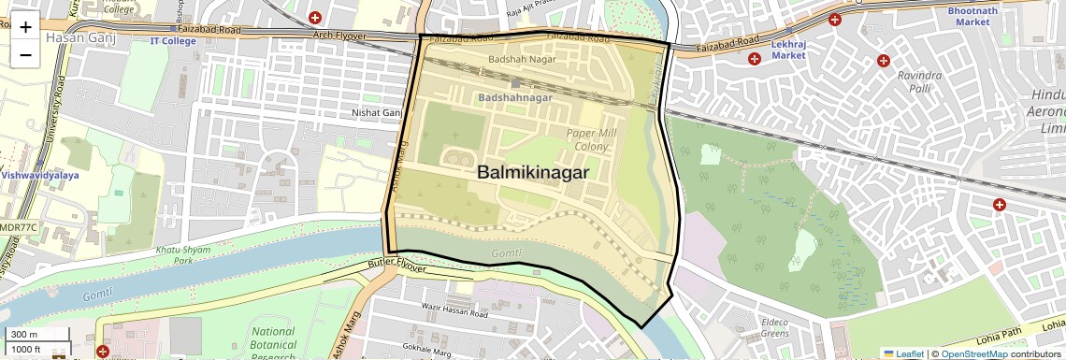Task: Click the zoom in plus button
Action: point(25,27)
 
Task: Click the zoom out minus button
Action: point(25,54)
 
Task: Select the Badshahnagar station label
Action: point(515,97)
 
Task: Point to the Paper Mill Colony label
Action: point(592,140)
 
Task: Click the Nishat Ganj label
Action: point(376,113)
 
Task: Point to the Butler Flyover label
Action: point(396,268)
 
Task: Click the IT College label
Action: point(173,41)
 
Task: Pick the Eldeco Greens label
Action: point(774,327)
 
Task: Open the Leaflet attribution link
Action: point(903,353)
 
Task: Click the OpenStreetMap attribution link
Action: point(973,353)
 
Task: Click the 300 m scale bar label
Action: point(24,335)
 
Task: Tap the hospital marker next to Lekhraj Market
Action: point(754,59)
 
